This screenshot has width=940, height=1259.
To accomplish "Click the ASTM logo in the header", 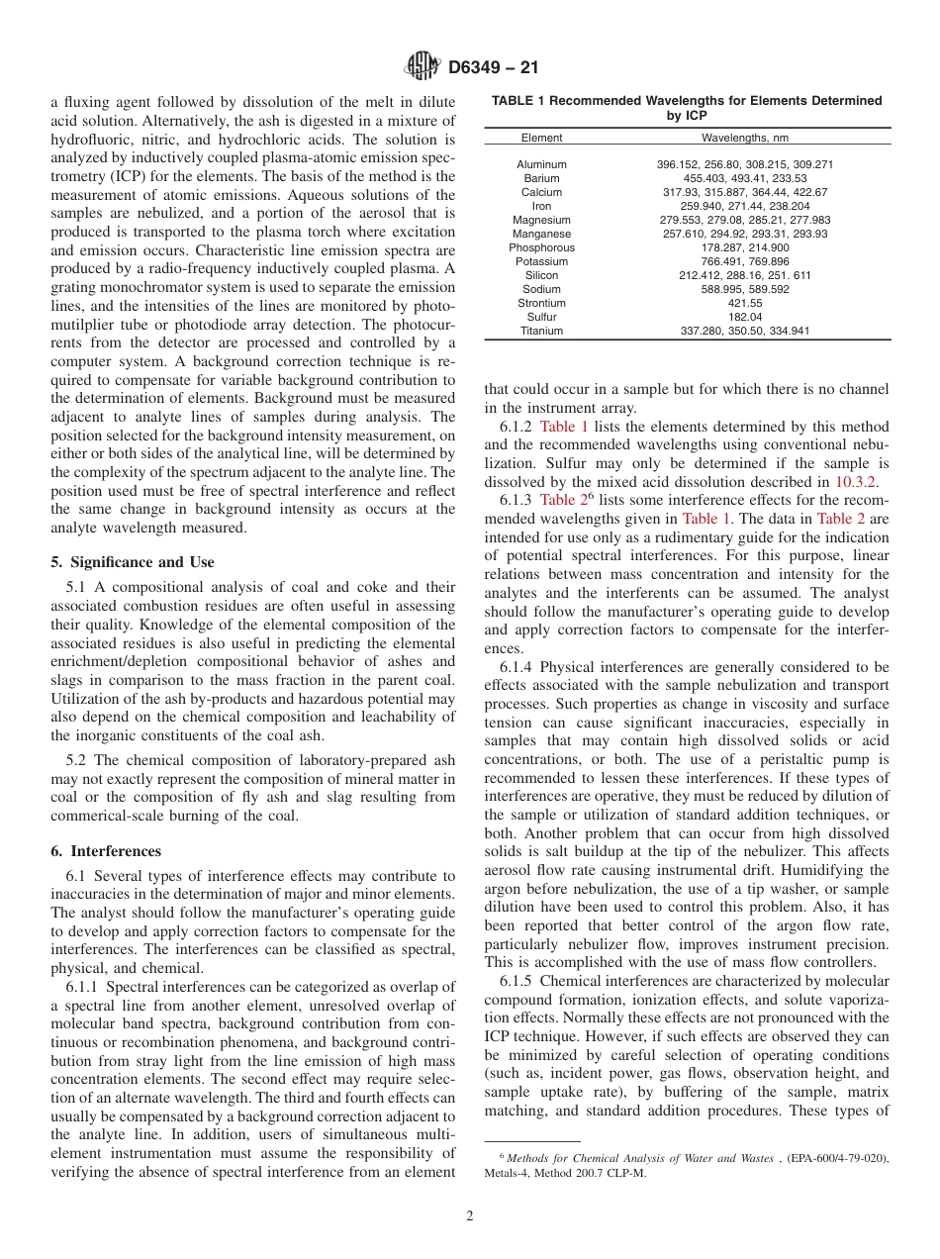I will click(422, 67).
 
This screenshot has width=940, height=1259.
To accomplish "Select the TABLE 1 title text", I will click(687, 107).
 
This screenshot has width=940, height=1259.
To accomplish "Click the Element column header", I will click(541, 138).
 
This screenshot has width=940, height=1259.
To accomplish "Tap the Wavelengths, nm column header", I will click(744, 138).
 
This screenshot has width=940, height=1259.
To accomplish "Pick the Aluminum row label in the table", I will click(541, 164).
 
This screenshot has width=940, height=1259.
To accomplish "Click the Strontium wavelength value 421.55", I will click(744, 303).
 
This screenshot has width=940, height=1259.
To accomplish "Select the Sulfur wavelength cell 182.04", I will click(744, 317).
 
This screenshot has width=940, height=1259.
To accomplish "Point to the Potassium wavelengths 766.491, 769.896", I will click(744, 261).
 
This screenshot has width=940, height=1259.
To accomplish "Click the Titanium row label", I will click(541, 331).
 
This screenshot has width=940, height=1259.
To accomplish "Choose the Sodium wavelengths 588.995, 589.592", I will click(744, 289).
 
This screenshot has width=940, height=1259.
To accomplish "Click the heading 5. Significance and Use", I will click(132, 562).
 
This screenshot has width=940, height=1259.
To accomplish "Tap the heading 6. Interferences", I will click(106, 851).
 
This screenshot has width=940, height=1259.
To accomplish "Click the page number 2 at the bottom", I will click(470, 1216).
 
